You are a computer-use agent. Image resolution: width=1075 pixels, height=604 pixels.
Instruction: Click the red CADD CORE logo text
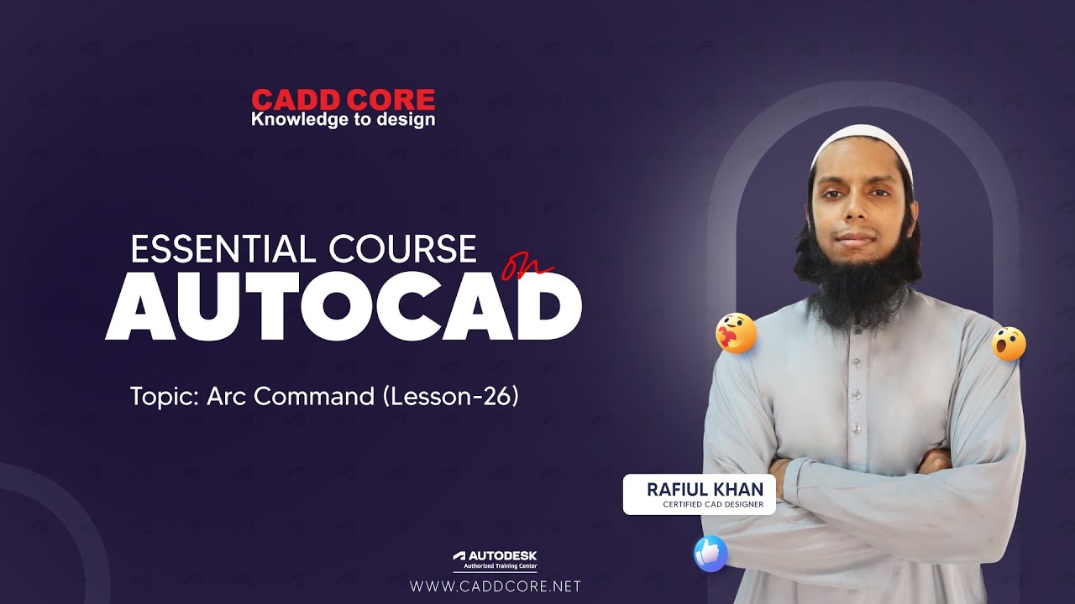343,101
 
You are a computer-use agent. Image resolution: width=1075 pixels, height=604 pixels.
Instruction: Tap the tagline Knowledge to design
343,120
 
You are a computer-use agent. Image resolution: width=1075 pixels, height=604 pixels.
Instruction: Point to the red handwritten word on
527,268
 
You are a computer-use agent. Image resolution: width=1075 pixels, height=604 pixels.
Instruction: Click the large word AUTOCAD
343,305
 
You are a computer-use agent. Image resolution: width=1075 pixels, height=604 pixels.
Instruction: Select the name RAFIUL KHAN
705,489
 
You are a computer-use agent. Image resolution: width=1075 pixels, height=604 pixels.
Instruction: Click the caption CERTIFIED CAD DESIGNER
712,504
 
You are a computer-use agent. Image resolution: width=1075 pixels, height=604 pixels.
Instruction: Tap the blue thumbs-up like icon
711,554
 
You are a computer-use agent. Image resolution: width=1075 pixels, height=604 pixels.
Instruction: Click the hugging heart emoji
736,334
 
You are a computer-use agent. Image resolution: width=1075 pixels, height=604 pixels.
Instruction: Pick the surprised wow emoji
1009,343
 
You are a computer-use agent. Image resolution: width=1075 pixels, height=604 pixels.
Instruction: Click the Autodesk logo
495,555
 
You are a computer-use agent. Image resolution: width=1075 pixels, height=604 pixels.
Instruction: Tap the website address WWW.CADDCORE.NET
495,586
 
